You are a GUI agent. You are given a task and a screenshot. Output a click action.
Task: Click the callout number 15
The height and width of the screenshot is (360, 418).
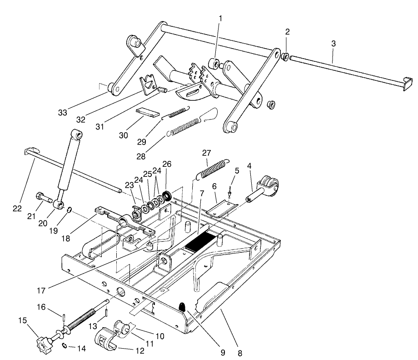[22, 320]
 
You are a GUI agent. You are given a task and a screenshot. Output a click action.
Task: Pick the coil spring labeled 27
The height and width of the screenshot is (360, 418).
[213, 168]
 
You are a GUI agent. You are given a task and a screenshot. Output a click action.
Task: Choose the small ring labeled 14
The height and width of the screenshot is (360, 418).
[65, 346]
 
